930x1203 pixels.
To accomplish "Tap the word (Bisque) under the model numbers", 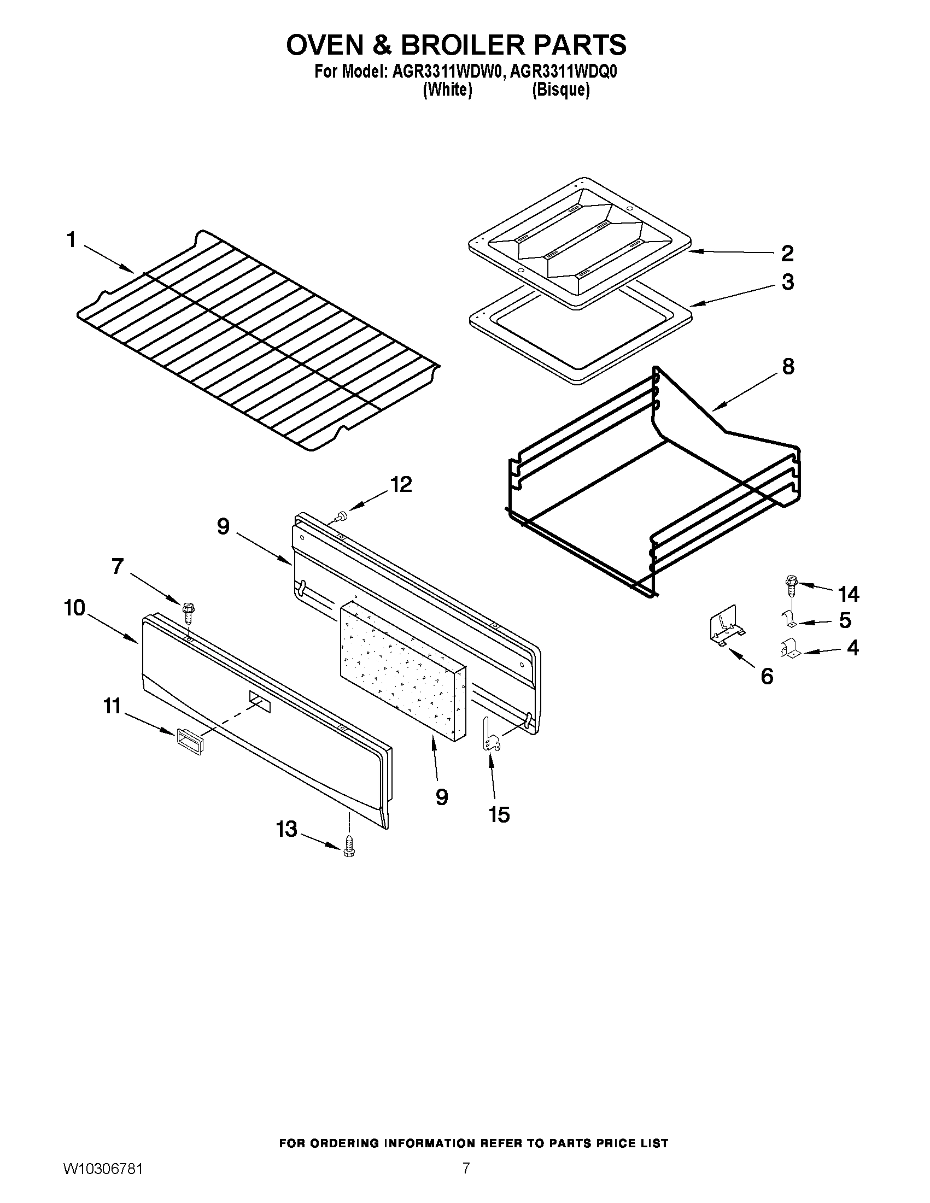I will pos(560,90).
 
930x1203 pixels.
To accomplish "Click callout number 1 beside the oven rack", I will pos(71,240).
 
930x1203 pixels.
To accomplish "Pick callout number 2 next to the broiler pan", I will pos(787,254).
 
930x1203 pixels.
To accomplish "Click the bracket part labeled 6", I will pos(725,626).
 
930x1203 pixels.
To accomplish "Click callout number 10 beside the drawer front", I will pos(75,608).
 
